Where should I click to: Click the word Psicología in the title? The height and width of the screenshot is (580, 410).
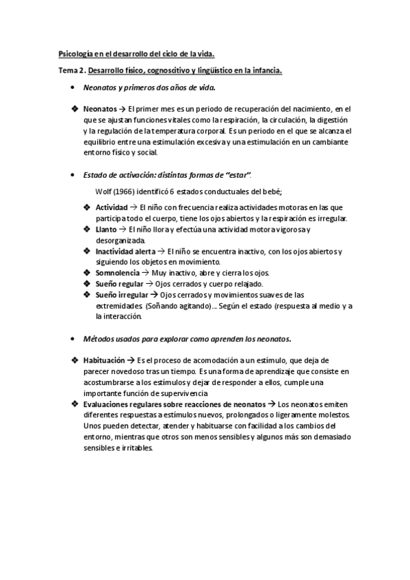[73, 54]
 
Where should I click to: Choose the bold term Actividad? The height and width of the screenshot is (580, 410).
[111, 207]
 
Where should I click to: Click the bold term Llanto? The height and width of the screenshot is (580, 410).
[106, 229]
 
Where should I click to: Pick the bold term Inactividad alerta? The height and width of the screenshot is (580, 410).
[125, 251]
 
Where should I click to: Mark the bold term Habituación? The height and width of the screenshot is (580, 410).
[104, 360]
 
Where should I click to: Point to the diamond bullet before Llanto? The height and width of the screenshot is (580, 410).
[86, 229]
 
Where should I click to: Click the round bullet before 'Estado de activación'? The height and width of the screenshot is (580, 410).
[73, 175]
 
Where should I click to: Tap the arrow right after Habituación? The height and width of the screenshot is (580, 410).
[131, 360]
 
